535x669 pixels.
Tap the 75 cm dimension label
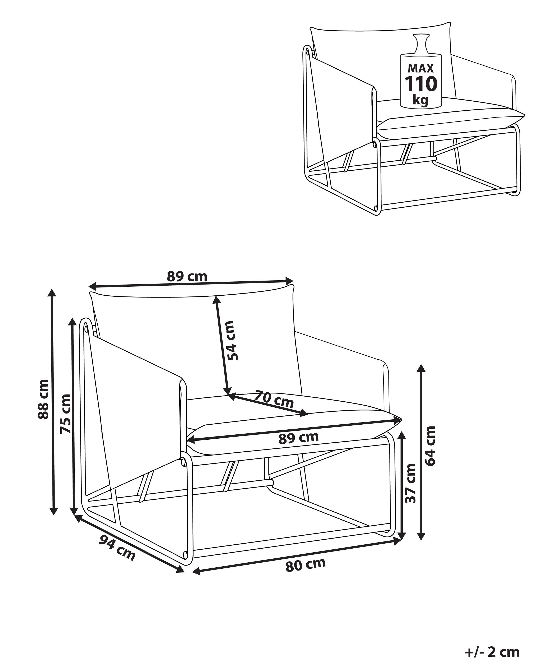coord(65,414)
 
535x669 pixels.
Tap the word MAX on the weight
coord(420,68)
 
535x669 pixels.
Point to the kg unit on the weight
coord(420,100)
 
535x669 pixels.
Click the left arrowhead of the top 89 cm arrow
coord(92,285)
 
